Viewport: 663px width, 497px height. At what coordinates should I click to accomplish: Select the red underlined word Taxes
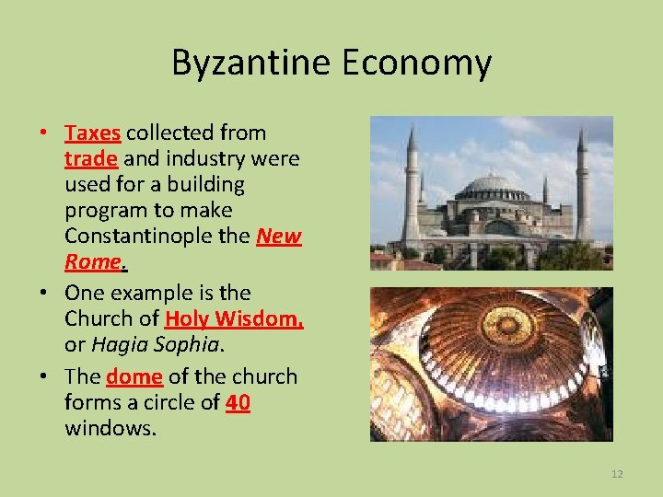(92, 133)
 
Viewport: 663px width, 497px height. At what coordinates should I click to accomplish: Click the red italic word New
(279, 237)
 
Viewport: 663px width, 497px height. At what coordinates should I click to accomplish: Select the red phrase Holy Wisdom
(234, 318)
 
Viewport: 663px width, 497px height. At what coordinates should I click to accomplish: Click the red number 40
(238, 402)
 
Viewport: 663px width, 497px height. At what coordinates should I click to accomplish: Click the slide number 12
(617, 474)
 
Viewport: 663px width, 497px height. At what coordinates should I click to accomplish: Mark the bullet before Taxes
(44, 133)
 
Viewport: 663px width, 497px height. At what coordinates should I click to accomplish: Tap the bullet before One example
(44, 293)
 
